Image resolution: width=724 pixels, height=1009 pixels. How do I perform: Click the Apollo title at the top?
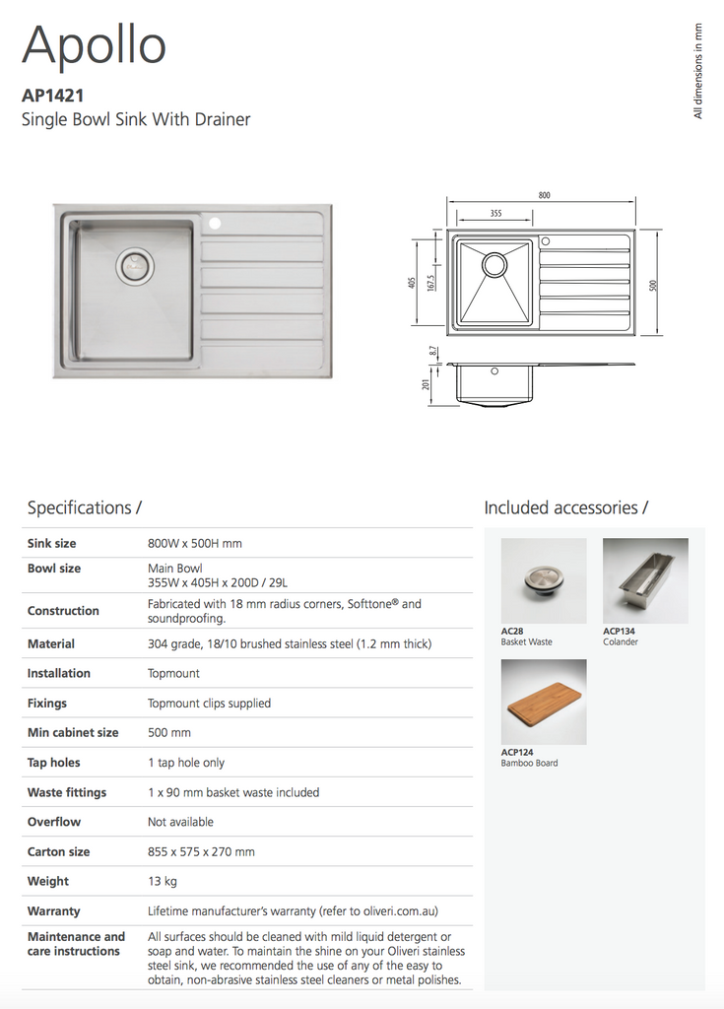tap(94, 46)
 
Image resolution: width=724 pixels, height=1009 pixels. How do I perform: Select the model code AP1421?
tap(52, 97)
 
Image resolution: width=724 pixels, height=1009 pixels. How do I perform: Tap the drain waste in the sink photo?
tap(135, 264)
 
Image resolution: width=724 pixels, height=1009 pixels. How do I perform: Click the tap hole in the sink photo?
tap(215, 224)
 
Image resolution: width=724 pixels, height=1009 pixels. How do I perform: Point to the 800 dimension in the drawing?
tap(544, 195)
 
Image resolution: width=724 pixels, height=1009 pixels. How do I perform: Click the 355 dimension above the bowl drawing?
tap(495, 214)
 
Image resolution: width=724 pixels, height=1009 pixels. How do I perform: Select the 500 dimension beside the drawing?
tap(653, 285)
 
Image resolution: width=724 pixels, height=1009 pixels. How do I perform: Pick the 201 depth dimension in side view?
tap(426, 385)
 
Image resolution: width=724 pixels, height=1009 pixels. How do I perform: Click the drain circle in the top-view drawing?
tap(494, 265)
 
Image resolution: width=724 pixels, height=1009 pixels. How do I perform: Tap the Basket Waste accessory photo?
tap(543, 580)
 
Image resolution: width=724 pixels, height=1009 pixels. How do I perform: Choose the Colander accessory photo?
tap(645, 580)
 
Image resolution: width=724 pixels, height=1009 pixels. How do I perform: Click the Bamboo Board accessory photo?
tap(543, 702)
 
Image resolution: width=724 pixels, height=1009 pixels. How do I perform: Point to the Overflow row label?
tap(54, 822)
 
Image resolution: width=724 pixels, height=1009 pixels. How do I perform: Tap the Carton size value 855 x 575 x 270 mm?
tap(201, 851)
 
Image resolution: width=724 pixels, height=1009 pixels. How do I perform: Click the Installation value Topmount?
tap(173, 673)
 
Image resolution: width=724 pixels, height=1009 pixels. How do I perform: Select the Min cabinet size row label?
tap(73, 732)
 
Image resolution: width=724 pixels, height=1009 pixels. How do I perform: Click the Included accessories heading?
tap(565, 508)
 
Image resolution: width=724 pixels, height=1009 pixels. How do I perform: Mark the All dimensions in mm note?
tap(698, 72)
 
